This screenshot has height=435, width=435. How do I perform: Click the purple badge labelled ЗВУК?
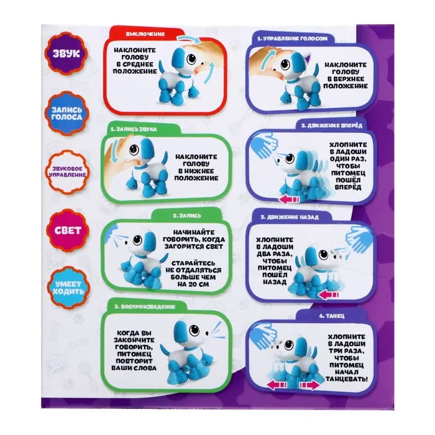coord(66,53)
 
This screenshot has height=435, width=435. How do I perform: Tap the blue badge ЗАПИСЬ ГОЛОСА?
coord(67,114)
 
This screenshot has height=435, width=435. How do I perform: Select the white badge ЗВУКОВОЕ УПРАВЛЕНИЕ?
coord(67,172)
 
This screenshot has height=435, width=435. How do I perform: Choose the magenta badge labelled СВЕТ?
coord(68,231)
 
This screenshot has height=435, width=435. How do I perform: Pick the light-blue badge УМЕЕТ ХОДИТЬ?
coord(68,288)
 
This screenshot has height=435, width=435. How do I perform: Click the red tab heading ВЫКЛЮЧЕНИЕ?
coord(145,34)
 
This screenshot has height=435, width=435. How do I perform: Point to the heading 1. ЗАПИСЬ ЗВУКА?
coord(133,129)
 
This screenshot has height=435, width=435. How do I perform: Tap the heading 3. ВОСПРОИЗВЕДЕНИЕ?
coord(145,307)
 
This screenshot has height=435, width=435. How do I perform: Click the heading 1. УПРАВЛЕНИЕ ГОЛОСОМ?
coord(293,39)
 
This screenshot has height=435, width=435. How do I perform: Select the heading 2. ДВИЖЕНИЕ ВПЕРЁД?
coord(332,126)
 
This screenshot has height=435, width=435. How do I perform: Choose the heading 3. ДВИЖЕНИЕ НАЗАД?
coord(290,217)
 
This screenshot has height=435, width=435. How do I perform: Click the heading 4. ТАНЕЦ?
coord(331,316)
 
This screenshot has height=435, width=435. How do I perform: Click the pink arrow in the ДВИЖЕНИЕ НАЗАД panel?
coord(329,295)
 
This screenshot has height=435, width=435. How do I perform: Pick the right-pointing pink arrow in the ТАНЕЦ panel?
coord(309,385)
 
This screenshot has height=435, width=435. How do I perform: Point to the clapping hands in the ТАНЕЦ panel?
coord(262,335)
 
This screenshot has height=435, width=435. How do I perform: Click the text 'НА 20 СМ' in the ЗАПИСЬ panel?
coord(194,285)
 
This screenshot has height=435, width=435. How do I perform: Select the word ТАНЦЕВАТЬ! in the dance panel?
coord(347,379)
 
